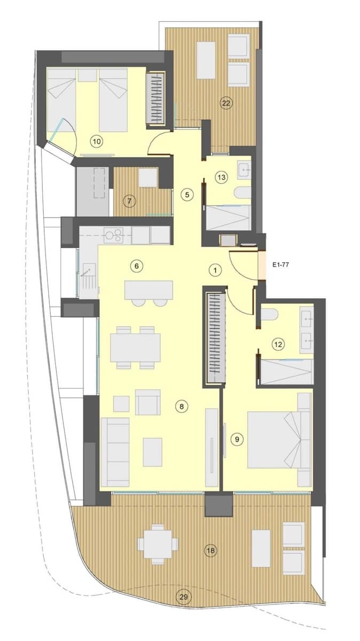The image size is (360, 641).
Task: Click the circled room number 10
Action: click(97, 141)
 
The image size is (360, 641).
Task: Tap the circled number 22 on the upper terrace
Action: click(226, 103)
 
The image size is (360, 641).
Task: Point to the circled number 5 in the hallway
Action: click(186, 194)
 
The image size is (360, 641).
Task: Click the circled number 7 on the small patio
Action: click(128, 201)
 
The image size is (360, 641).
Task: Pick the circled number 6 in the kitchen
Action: click(137, 265)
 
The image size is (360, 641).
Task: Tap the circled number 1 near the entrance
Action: click(214, 270)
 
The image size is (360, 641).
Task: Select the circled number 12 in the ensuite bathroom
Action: click(278, 345)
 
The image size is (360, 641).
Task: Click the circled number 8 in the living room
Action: click(182, 407)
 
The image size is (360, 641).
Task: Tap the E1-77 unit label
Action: click(280, 264)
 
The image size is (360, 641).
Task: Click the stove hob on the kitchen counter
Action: click(114, 234)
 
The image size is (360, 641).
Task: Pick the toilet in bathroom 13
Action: click(244, 193)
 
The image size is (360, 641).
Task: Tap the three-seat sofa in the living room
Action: click(115, 451)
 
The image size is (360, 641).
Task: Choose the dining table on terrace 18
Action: click(158, 544)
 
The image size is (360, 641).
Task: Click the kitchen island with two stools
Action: click(149, 290)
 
